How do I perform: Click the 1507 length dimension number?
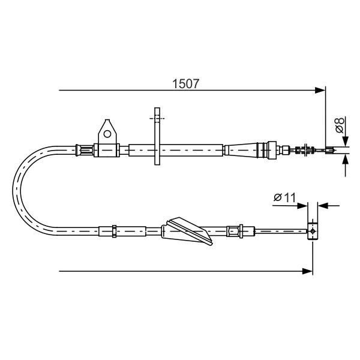point(185,83)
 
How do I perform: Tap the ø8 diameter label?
point(340,125)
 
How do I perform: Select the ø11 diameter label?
point(284,197)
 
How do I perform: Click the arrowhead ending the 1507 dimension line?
point(320,90)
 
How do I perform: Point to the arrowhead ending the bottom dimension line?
point(307,271)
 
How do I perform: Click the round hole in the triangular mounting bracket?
point(107,134)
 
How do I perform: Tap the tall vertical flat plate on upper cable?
point(157,136)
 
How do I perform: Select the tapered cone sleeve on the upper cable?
point(241,150)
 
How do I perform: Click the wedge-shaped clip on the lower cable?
point(187,231)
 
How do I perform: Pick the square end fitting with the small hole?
point(313,231)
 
